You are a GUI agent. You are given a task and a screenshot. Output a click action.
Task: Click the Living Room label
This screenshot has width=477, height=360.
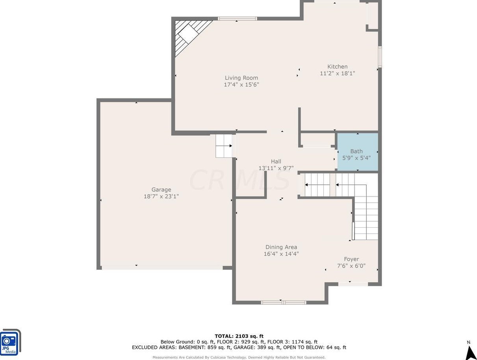pyautogui.click(x=241, y=78)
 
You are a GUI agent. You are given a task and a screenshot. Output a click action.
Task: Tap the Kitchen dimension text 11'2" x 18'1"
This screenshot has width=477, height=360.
pyautogui.click(x=337, y=73)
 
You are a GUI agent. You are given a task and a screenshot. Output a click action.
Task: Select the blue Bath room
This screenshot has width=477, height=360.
pyautogui.click(x=358, y=152)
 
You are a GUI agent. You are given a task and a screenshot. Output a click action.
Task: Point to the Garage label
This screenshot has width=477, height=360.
pyautogui.click(x=161, y=190)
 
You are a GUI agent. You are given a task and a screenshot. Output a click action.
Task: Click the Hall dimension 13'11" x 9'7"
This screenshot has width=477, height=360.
pyautogui.click(x=276, y=168)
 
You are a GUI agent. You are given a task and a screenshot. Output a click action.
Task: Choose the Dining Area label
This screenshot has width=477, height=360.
pyautogui.click(x=281, y=247)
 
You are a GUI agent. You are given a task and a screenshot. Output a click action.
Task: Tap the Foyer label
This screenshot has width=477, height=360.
pyautogui.click(x=351, y=259)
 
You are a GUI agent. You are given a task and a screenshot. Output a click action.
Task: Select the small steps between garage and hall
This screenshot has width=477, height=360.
pyautogui.click(x=224, y=146)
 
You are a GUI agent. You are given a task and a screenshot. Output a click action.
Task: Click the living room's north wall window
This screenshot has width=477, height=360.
pyautogui.click(x=237, y=19)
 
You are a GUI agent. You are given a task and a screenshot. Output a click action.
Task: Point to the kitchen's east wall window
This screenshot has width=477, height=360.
pyautogui.click(x=380, y=56)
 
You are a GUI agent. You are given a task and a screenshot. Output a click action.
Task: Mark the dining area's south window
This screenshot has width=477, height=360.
pyautogui.click(x=284, y=302)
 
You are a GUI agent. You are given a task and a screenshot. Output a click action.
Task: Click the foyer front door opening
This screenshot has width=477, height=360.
pyautogui.click(x=353, y=284)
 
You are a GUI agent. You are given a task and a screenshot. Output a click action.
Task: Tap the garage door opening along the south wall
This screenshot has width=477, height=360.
pyautogui.click(x=162, y=268)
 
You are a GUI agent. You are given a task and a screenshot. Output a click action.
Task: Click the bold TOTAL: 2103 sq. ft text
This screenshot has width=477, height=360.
pyautogui.click(x=239, y=336)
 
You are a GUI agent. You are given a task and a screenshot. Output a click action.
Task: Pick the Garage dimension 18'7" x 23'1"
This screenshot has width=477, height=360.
pyautogui.click(x=161, y=197)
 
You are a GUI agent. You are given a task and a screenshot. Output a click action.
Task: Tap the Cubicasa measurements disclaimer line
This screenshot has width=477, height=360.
pyautogui.click(x=239, y=357)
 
